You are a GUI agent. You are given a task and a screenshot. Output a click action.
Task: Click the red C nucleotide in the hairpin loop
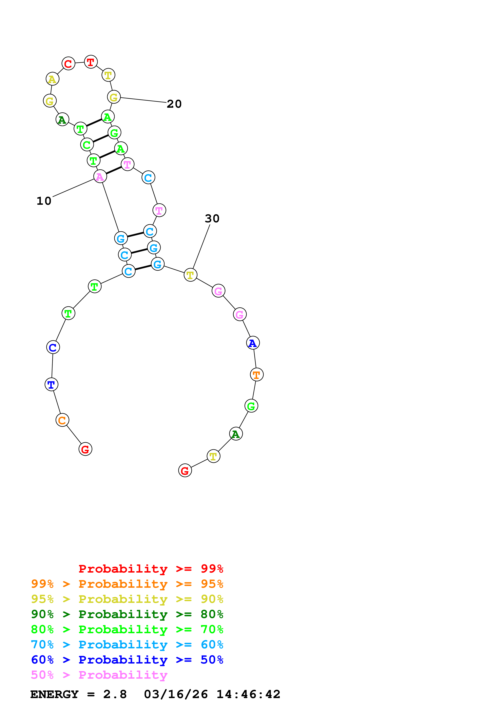(x=68, y=64)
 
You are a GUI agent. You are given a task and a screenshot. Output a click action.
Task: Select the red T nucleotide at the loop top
(x=91, y=62)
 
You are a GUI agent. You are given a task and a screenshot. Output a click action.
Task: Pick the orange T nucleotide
(x=256, y=375)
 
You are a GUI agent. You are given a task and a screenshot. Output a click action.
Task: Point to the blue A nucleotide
(x=253, y=343)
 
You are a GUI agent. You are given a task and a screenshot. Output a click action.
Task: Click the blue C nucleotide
(x=53, y=347)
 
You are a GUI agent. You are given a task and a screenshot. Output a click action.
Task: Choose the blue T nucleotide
(x=51, y=385)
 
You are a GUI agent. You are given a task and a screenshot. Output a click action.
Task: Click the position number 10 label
(x=44, y=201)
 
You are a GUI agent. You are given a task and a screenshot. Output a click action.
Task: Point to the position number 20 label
(x=174, y=104)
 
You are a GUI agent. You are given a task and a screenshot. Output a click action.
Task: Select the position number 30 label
(x=212, y=219)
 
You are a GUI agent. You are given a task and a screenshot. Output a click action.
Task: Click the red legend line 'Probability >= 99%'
(x=151, y=569)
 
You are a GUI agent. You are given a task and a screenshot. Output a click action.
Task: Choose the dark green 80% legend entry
(x=127, y=614)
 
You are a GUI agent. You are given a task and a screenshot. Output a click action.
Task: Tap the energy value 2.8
(x=115, y=694)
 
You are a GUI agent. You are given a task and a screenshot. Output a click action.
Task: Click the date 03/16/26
(x=176, y=694)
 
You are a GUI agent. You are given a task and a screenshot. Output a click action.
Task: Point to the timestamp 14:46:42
(x=248, y=694)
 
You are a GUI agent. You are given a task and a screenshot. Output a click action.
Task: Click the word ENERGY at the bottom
(x=54, y=694)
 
